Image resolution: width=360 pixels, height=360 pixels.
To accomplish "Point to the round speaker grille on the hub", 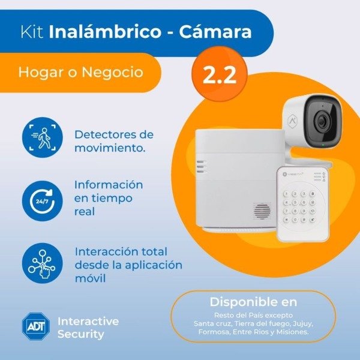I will point(262,211).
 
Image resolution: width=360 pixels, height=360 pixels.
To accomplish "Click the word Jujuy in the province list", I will point(302,323).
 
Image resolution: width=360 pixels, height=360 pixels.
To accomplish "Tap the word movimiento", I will point(110,147).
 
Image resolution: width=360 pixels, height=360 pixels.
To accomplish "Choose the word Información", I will point(109,184).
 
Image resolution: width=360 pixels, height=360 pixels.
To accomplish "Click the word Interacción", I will point(107,251).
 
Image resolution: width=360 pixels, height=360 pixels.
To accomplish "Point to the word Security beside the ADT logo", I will point(81,334).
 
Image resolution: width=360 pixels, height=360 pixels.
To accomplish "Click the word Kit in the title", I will point(30,32).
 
